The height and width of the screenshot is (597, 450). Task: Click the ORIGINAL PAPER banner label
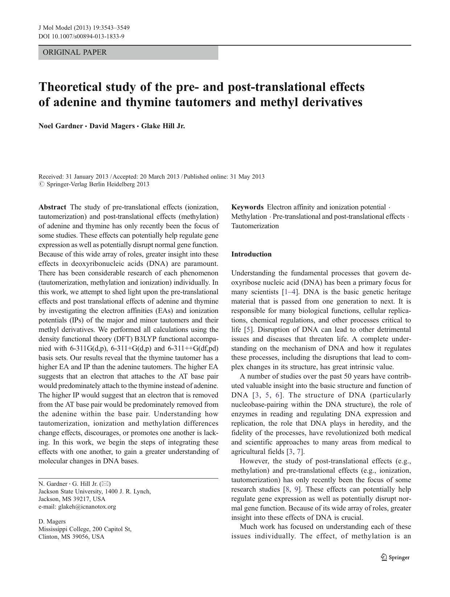tap(75, 52)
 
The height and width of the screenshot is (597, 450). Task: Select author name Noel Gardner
tap(61, 126)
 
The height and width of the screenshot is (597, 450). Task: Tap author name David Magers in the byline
tap(112, 126)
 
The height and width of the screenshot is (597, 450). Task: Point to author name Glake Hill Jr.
tap(163, 126)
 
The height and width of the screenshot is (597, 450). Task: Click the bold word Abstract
tap(52, 207)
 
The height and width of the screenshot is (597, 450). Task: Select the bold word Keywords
tap(247, 207)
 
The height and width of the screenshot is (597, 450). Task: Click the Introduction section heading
tap(251, 254)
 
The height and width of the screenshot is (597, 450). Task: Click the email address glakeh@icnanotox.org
tap(87, 506)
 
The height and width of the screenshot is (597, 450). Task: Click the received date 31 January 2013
tap(87, 177)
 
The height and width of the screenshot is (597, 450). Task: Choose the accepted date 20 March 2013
tap(160, 177)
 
